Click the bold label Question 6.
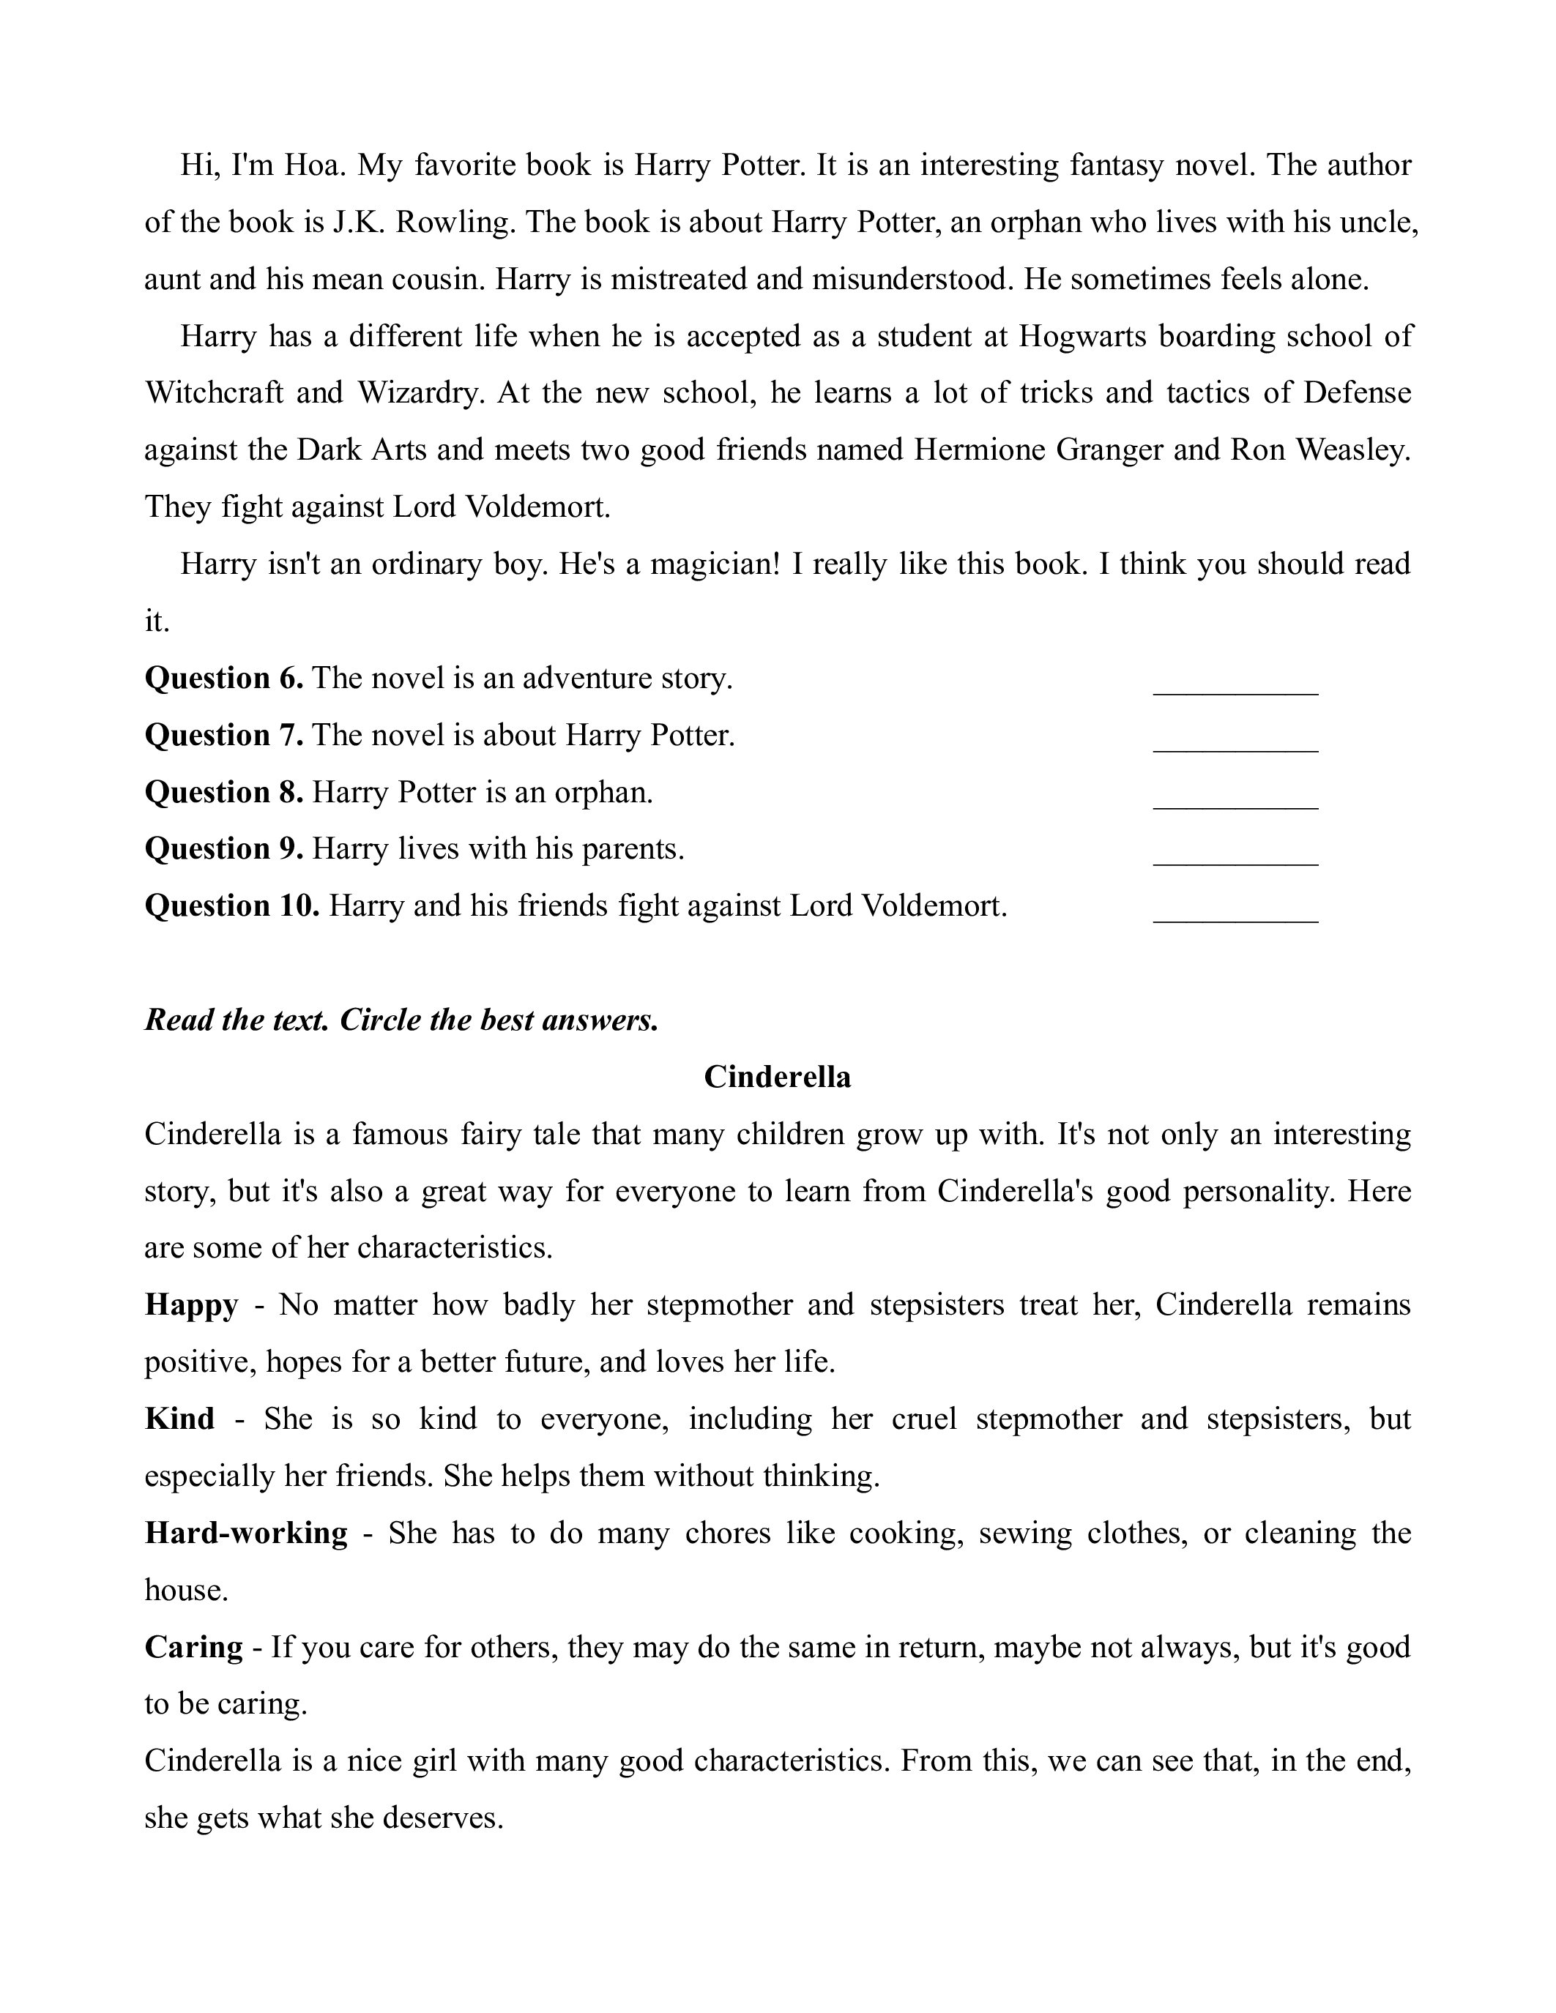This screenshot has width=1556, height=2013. pos(224,679)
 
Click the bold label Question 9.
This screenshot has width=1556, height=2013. pos(224,849)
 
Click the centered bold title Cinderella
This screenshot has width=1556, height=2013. pos(777,1077)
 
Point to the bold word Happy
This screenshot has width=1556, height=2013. pos(192,1305)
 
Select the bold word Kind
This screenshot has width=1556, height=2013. pos(179,1419)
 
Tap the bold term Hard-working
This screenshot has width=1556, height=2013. pos(246,1533)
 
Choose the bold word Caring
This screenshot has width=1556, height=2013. pos(193,1647)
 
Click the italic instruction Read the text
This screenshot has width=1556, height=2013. pos(237,1020)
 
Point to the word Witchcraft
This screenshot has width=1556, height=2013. pos(214,394)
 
